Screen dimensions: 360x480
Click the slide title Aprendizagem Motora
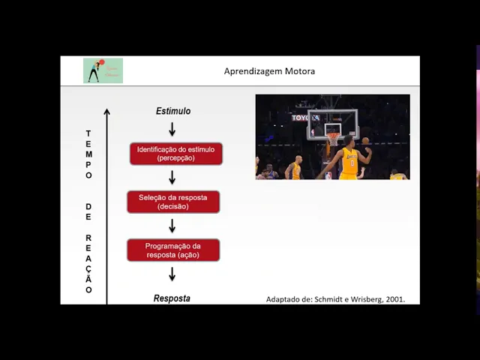point(269,71)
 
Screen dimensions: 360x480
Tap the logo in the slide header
point(103,70)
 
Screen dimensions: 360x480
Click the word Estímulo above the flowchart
point(173,111)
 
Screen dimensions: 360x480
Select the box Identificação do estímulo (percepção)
point(175,154)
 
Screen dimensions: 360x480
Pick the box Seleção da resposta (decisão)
point(172,202)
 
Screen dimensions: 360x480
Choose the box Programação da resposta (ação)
point(172,250)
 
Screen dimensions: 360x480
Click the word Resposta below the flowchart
point(172,298)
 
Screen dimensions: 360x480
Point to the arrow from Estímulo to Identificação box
point(172,129)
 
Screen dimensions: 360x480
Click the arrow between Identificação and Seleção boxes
point(172,178)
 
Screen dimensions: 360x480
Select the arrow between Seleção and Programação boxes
point(172,226)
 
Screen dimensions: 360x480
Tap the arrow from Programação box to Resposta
point(172,274)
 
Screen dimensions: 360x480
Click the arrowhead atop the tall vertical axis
point(106,113)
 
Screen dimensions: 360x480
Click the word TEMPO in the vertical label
point(88,154)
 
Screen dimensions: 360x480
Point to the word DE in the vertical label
point(88,211)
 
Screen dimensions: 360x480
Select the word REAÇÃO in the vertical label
point(88,263)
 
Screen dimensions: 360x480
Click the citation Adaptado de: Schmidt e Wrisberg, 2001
point(335,299)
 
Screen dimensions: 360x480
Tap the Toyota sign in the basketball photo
point(305,118)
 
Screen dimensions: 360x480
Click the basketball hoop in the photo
point(332,138)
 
